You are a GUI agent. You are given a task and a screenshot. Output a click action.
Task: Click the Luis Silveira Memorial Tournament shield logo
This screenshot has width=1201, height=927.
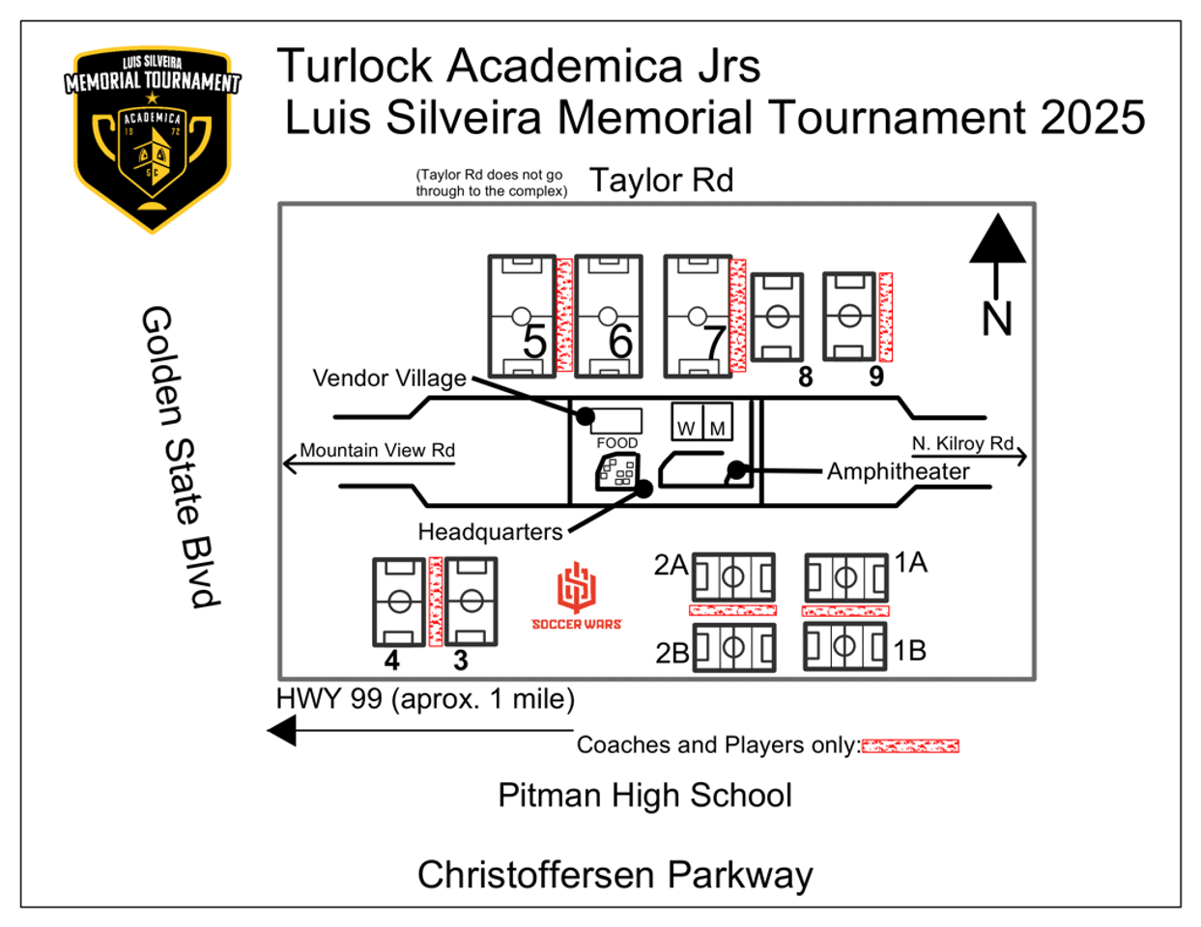click(153, 138)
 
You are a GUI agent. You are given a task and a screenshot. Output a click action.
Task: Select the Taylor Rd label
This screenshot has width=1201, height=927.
click(661, 181)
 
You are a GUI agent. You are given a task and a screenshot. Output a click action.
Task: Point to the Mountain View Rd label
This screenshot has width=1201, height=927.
click(377, 450)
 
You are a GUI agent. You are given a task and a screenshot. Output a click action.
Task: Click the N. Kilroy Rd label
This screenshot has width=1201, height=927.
click(962, 443)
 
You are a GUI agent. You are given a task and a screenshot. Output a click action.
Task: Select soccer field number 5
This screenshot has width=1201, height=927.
click(522, 316)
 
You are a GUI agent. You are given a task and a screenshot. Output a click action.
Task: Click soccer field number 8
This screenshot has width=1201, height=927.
click(777, 317)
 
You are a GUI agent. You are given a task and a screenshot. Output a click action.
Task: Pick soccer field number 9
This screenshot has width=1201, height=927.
click(849, 316)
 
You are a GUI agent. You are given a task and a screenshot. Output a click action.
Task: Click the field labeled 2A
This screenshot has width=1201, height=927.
click(733, 577)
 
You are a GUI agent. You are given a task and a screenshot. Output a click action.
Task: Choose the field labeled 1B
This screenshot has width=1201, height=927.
click(844, 646)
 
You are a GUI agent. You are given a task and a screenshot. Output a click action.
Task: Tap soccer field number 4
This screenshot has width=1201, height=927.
click(398, 602)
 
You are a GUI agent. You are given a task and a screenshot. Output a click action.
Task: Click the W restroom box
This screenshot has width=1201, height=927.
click(687, 422)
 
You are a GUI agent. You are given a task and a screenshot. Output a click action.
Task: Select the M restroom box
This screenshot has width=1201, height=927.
click(717, 422)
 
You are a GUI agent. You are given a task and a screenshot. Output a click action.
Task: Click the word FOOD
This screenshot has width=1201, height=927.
click(617, 443)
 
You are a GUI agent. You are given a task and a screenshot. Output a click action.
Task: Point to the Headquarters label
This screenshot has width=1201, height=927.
click(490, 532)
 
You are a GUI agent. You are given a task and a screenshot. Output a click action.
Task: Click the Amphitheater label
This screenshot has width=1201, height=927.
click(898, 471)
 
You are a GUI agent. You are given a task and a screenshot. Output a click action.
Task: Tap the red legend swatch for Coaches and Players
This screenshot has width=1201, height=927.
click(909, 745)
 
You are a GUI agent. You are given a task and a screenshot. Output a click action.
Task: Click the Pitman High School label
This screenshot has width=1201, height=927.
click(644, 796)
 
